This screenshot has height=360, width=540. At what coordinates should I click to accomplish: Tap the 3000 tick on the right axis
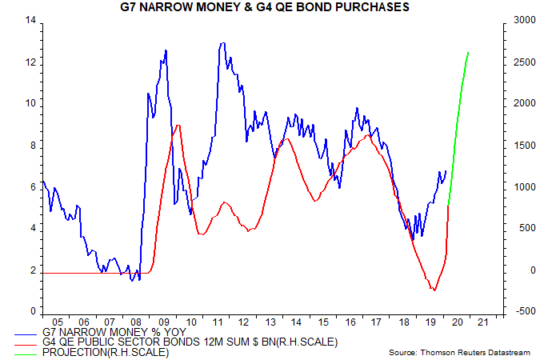pyautogui.click(x=514, y=20)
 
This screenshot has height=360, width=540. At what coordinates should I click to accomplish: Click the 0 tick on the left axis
pyautogui.click(x=32, y=311)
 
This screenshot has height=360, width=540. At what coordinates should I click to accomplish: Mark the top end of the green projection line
pyautogui.click(x=468, y=52)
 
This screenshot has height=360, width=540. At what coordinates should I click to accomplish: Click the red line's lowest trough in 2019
pyautogui.click(x=434, y=290)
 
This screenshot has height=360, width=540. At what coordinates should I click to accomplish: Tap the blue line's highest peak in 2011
pyautogui.click(x=222, y=42)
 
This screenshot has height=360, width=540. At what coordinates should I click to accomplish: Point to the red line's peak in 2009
pyautogui.click(x=178, y=125)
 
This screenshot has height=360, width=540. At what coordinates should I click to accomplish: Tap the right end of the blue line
pyautogui.click(x=446, y=170)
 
